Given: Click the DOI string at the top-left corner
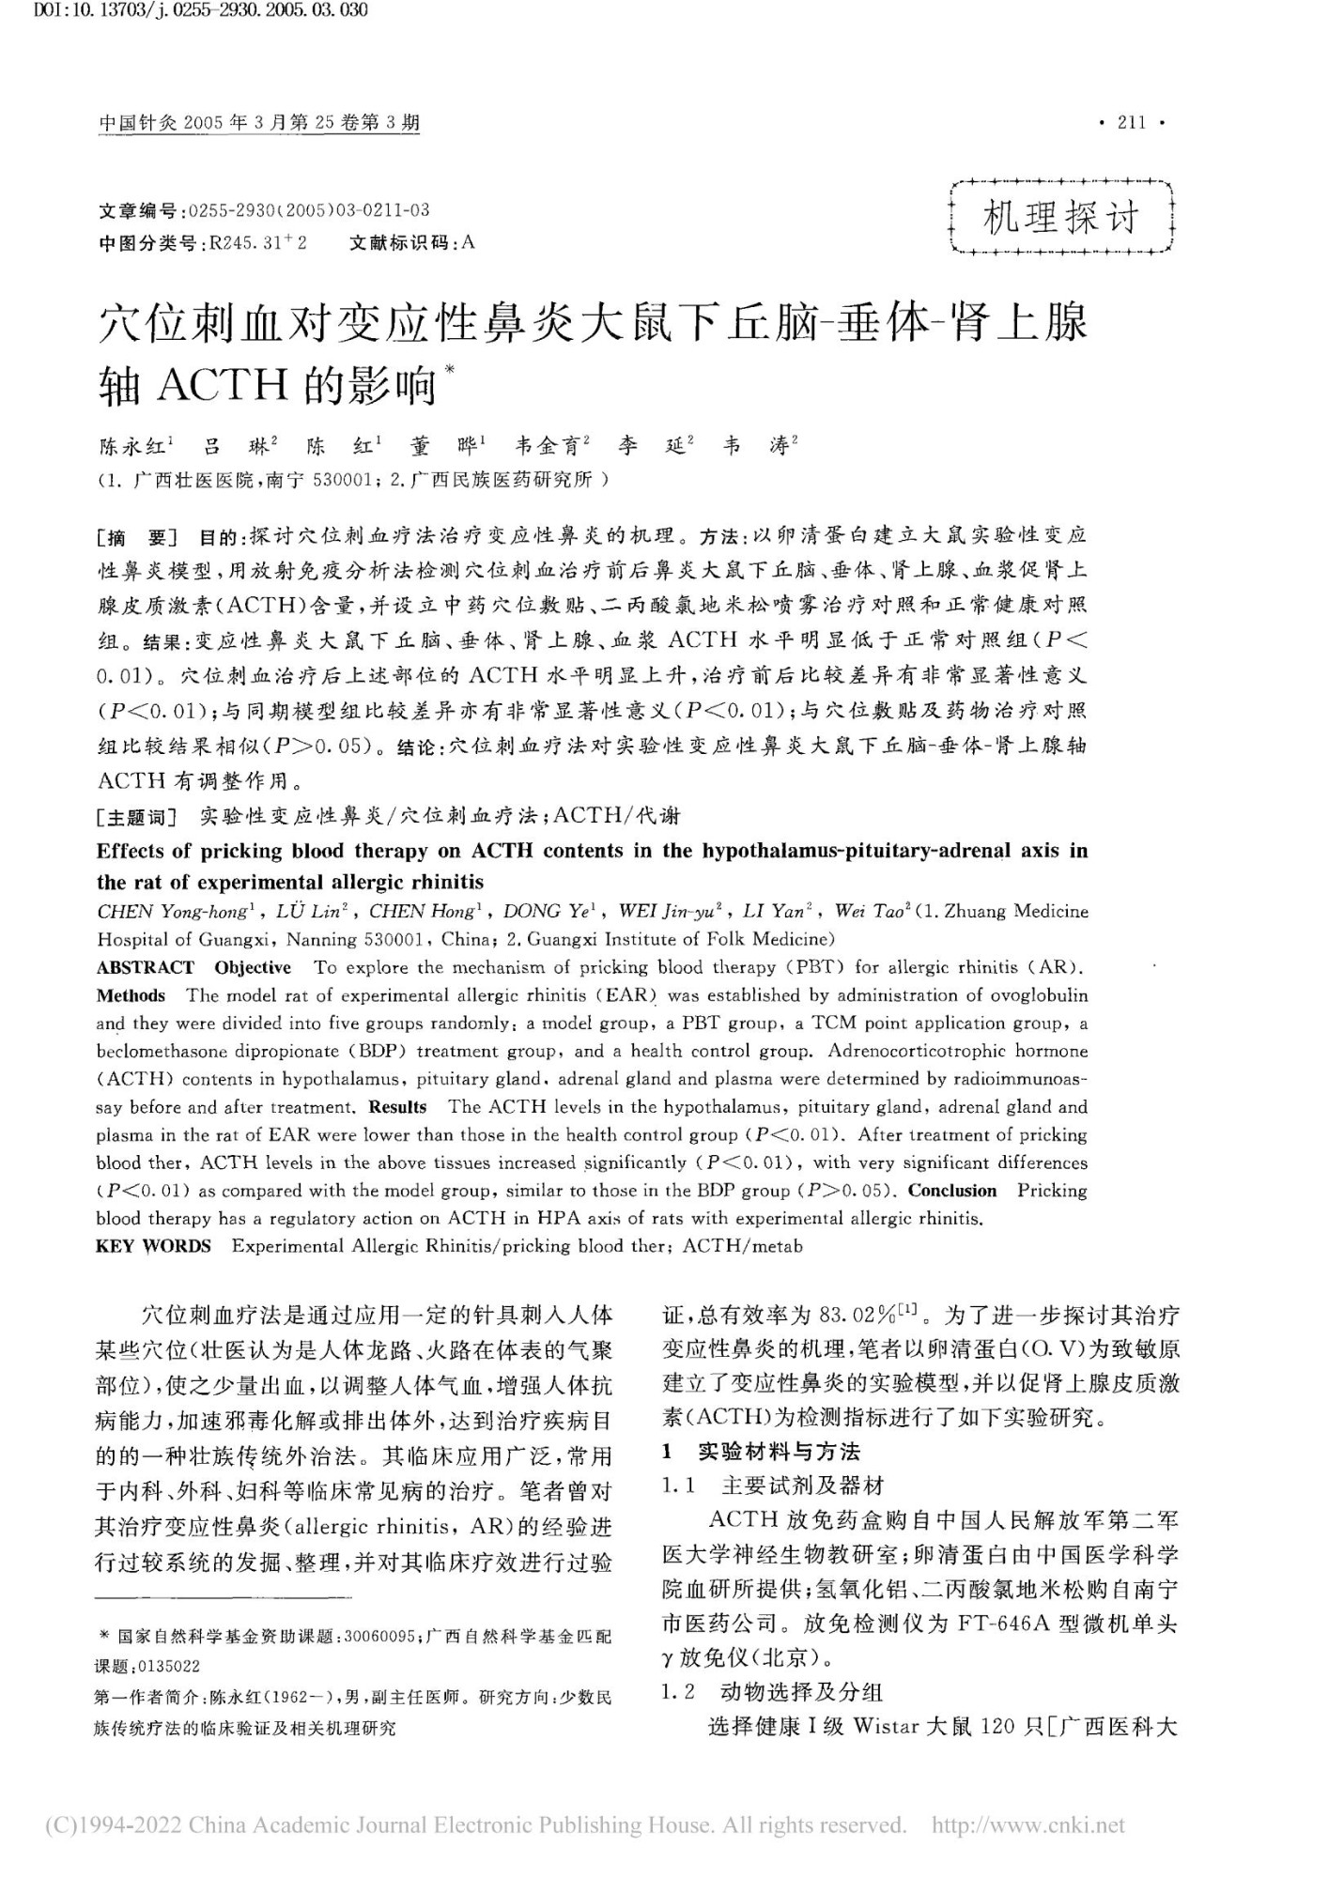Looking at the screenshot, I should point(185,11).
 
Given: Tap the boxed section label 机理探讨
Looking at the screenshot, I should point(1061,219).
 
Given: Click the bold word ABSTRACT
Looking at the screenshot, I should point(146,967).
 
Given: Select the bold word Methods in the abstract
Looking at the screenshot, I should point(131,995).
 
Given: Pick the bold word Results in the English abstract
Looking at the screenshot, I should point(397,1107).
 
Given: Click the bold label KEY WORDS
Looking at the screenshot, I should point(153,1246).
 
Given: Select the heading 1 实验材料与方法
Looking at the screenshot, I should point(761,1452).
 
